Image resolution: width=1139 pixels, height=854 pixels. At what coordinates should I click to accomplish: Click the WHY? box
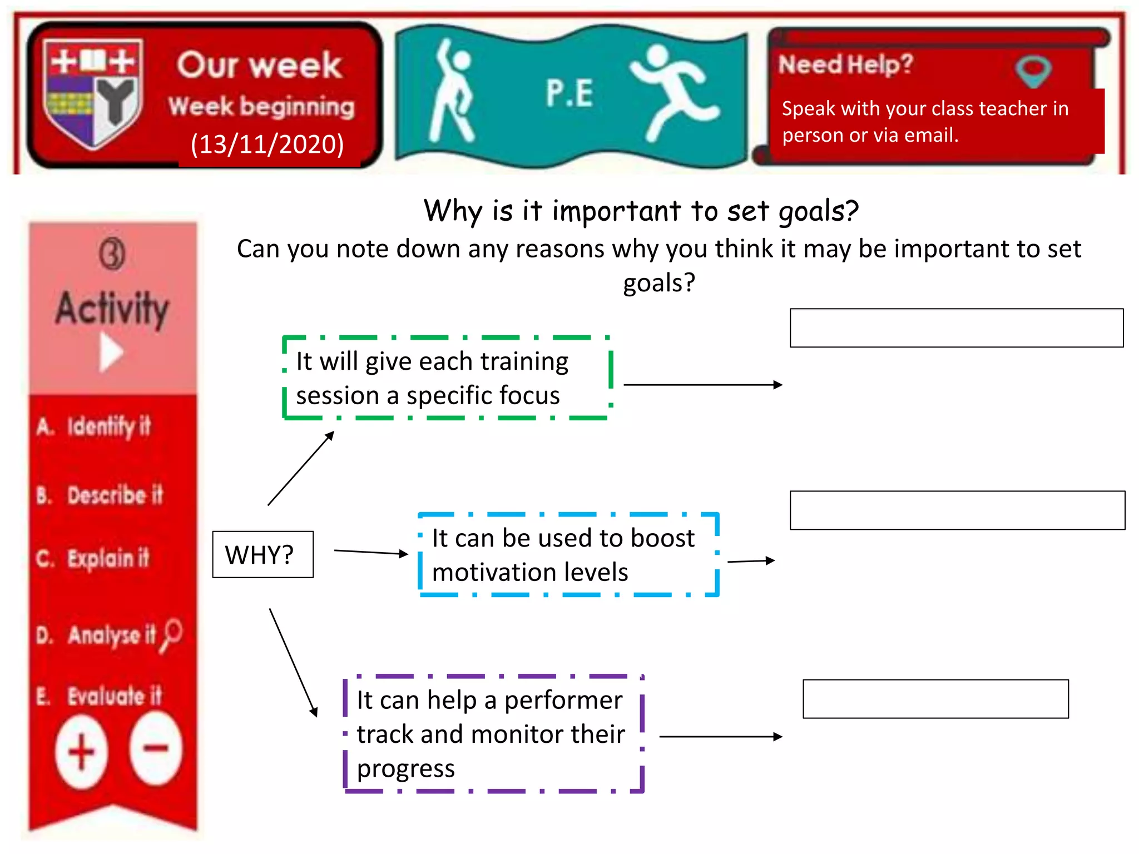pyautogui.click(x=263, y=554)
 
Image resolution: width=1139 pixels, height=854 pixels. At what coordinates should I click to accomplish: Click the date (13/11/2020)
pyautogui.click(x=267, y=145)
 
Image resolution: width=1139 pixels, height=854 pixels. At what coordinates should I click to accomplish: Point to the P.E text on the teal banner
pyautogui.click(x=569, y=93)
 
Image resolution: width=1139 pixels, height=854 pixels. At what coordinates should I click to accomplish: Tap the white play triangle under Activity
pyautogui.click(x=111, y=352)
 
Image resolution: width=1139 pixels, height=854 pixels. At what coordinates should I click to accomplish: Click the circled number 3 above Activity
pyautogui.click(x=112, y=255)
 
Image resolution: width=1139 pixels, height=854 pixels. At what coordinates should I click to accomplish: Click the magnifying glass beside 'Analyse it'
pyautogui.click(x=171, y=634)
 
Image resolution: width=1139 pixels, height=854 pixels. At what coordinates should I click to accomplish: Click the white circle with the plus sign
pyautogui.click(x=82, y=752)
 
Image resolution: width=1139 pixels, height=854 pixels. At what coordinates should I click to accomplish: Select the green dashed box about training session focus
pyautogui.click(x=447, y=378)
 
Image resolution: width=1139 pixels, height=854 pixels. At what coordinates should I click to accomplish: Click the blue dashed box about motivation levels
pyautogui.click(x=568, y=555)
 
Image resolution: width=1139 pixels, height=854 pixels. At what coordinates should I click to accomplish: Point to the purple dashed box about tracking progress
pyautogui.click(x=493, y=734)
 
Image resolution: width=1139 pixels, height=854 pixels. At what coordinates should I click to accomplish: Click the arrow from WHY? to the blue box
pyautogui.click(x=371, y=552)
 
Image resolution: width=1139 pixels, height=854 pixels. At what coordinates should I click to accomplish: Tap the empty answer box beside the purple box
pyautogui.click(x=935, y=699)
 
